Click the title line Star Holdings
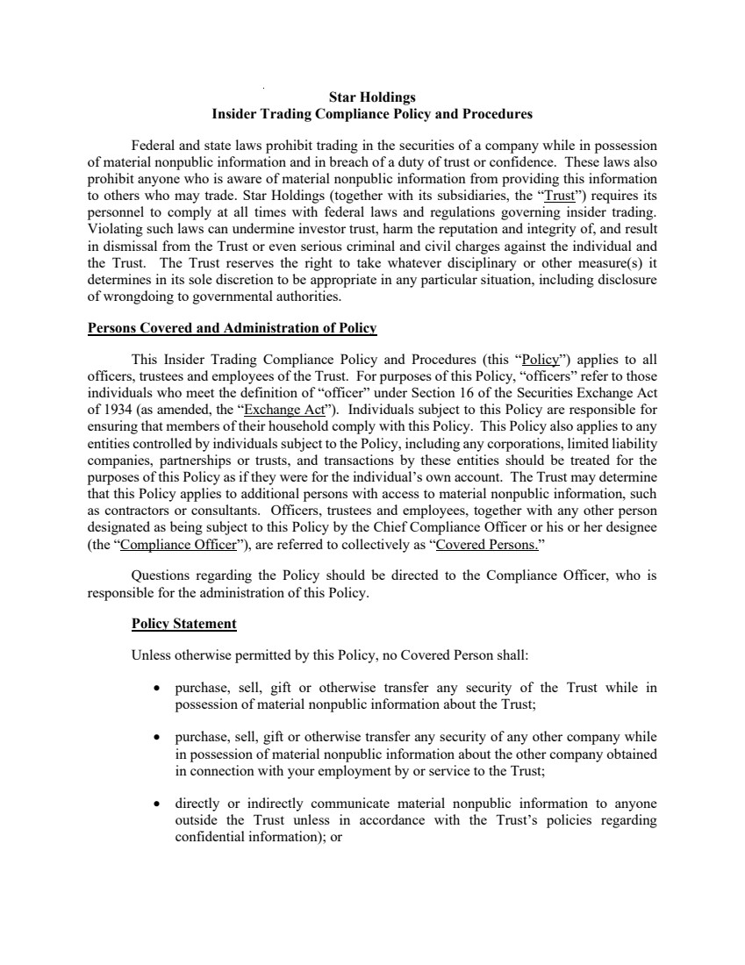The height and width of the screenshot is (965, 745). pyautogui.click(x=372, y=96)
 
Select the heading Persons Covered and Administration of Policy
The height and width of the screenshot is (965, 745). pyautogui.click(x=232, y=329)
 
